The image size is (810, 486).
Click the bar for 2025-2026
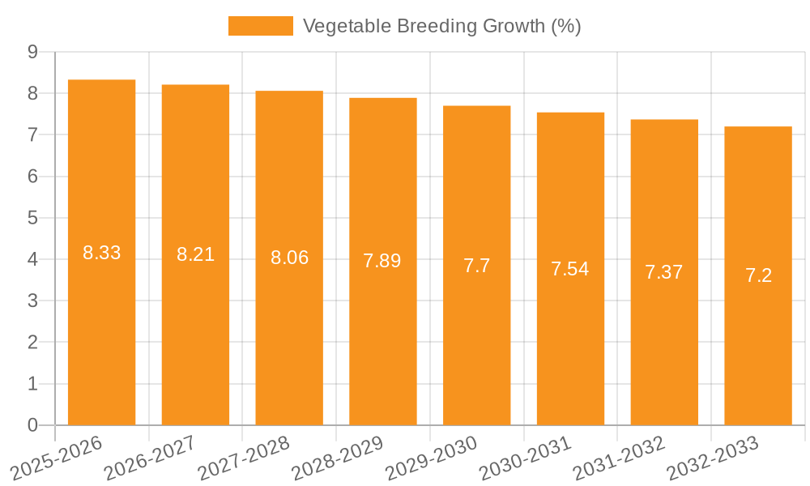click(101, 252)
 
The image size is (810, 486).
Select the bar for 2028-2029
click(382, 261)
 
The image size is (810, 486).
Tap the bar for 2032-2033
click(758, 275)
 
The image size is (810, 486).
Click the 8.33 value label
click(102, 253)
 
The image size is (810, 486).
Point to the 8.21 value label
click(195, 254)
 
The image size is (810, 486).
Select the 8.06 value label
click(289, 258)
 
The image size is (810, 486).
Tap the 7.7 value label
click(476, 266)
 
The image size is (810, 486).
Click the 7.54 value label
click(570, 269)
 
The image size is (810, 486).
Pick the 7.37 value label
click(664, 272)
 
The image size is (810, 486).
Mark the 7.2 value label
click(758, 275)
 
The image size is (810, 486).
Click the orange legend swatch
click(260, 26)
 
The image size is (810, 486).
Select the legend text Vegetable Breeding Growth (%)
click(441, 26)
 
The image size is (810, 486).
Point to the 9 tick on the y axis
click(32, 52)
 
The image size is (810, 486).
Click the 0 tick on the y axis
click(32, 425)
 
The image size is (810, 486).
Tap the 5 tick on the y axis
click(32, 218)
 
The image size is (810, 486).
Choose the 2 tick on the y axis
click(32, 343)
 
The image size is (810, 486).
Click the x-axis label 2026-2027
click(150, 458)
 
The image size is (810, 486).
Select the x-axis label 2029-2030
click(432, 458)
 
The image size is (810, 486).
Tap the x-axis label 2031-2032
click(619, 458)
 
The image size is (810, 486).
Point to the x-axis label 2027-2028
click(244, 458)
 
